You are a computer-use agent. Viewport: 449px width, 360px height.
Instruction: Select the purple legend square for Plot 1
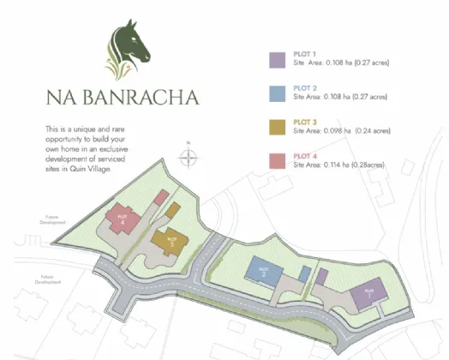coord(277,59)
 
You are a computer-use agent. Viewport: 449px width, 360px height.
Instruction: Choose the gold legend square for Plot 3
coord(277,127)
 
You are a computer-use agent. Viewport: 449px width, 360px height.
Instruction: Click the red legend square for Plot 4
coord(277,160)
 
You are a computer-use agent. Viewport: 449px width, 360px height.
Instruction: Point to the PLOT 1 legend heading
coord(306,55)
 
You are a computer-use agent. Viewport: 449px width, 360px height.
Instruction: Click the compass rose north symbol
coord(189,158)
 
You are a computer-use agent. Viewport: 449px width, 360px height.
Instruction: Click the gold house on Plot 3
coord(171,241)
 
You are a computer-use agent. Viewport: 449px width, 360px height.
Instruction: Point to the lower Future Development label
coord(48,279)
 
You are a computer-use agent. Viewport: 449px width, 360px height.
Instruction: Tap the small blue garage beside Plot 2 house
coord(303,273)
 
